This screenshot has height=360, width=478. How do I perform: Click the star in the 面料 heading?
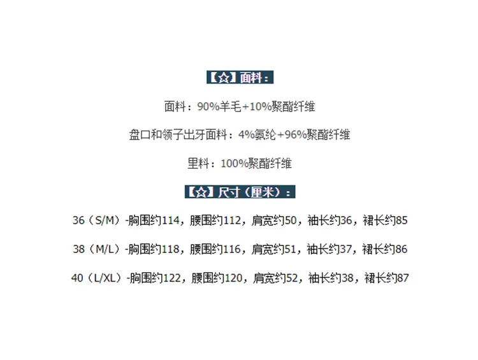[224, 78]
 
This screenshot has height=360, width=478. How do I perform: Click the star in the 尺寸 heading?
[201, 192]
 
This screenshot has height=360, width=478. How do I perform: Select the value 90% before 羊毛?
[208, 106]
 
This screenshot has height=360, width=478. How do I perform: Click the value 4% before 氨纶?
[246, 134]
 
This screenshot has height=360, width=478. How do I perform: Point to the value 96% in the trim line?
[295, 134]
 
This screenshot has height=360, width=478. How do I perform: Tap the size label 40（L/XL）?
[98, 278]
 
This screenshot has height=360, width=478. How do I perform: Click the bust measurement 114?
[170, 220]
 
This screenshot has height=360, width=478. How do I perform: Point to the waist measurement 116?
[232, 249]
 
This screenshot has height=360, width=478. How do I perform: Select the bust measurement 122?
[172, 278]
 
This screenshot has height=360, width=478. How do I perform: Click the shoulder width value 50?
[291, 220]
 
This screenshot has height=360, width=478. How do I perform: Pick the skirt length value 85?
[402, 220]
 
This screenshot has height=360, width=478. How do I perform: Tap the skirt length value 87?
[403, 278]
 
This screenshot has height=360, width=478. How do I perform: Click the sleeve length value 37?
[345, 249]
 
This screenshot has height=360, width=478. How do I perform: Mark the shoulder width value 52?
[292, 278]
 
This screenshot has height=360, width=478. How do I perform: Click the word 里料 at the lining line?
[198, 163]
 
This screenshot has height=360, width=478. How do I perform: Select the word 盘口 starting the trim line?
[140, 134]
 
